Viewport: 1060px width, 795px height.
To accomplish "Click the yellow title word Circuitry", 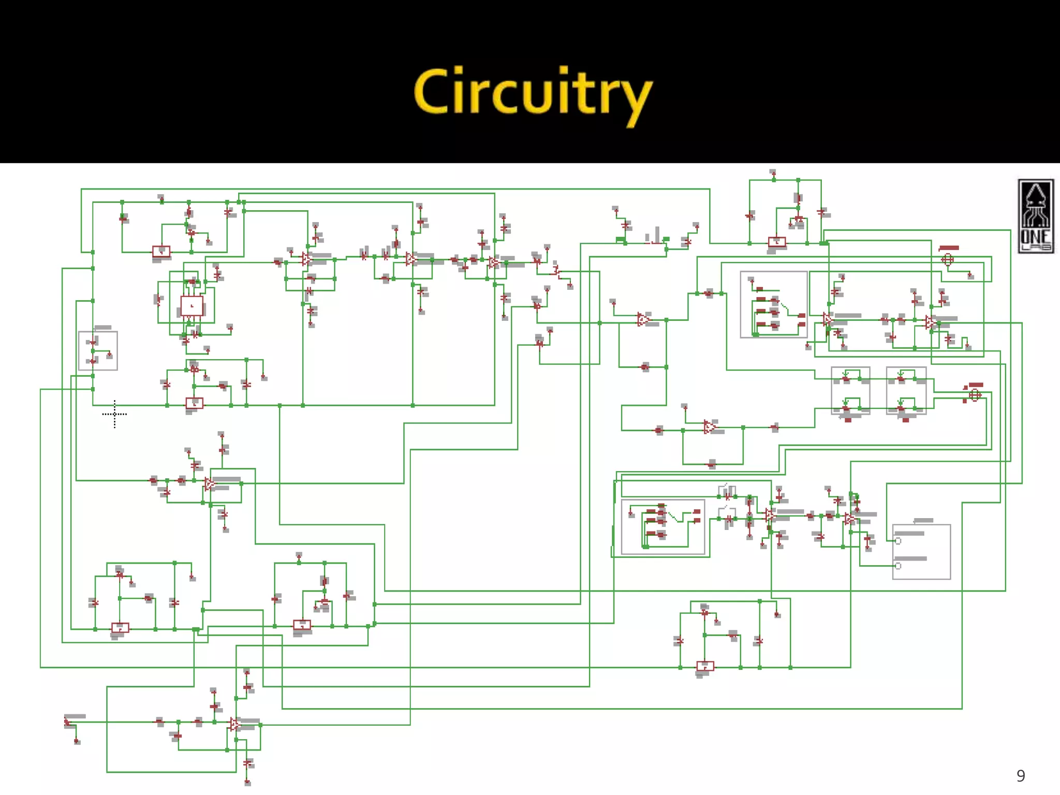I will click(533, 93).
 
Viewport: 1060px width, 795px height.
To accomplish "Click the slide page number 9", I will click(1020, 775).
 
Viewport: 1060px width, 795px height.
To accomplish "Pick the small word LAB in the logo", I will click(1036, 248).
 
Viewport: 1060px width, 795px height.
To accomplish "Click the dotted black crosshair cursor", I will click(114, 414).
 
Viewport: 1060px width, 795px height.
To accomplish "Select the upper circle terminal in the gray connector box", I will click(898, 541).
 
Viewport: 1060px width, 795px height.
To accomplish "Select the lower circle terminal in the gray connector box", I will click(898, 566).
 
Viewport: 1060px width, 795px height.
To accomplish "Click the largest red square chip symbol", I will click(192, 306).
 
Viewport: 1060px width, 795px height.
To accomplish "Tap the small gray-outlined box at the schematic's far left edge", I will click(98, 351).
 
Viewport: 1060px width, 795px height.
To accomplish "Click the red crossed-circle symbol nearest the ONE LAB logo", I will click(947, 259).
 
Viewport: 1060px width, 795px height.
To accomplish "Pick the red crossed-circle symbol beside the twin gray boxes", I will click(975, 395).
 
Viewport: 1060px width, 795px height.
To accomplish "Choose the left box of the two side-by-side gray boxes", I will click(850, 391).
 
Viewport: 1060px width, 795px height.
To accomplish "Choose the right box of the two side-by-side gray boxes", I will click(906, 391).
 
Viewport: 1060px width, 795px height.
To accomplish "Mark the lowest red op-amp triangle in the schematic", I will click(235, 724).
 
